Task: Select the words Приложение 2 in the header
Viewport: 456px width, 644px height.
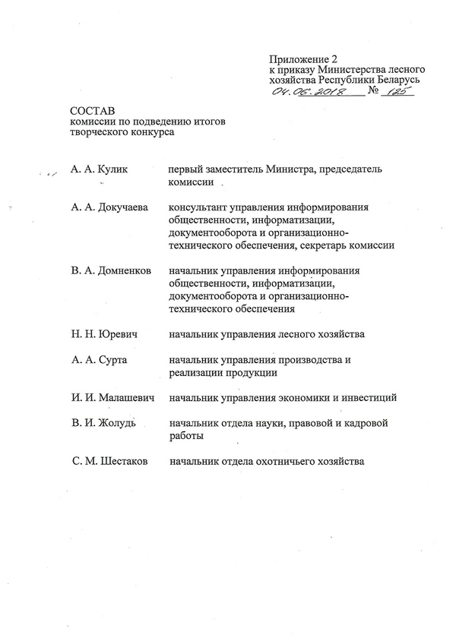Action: coord(302,58)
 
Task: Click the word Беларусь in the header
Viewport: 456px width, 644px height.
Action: coord(393,78)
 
